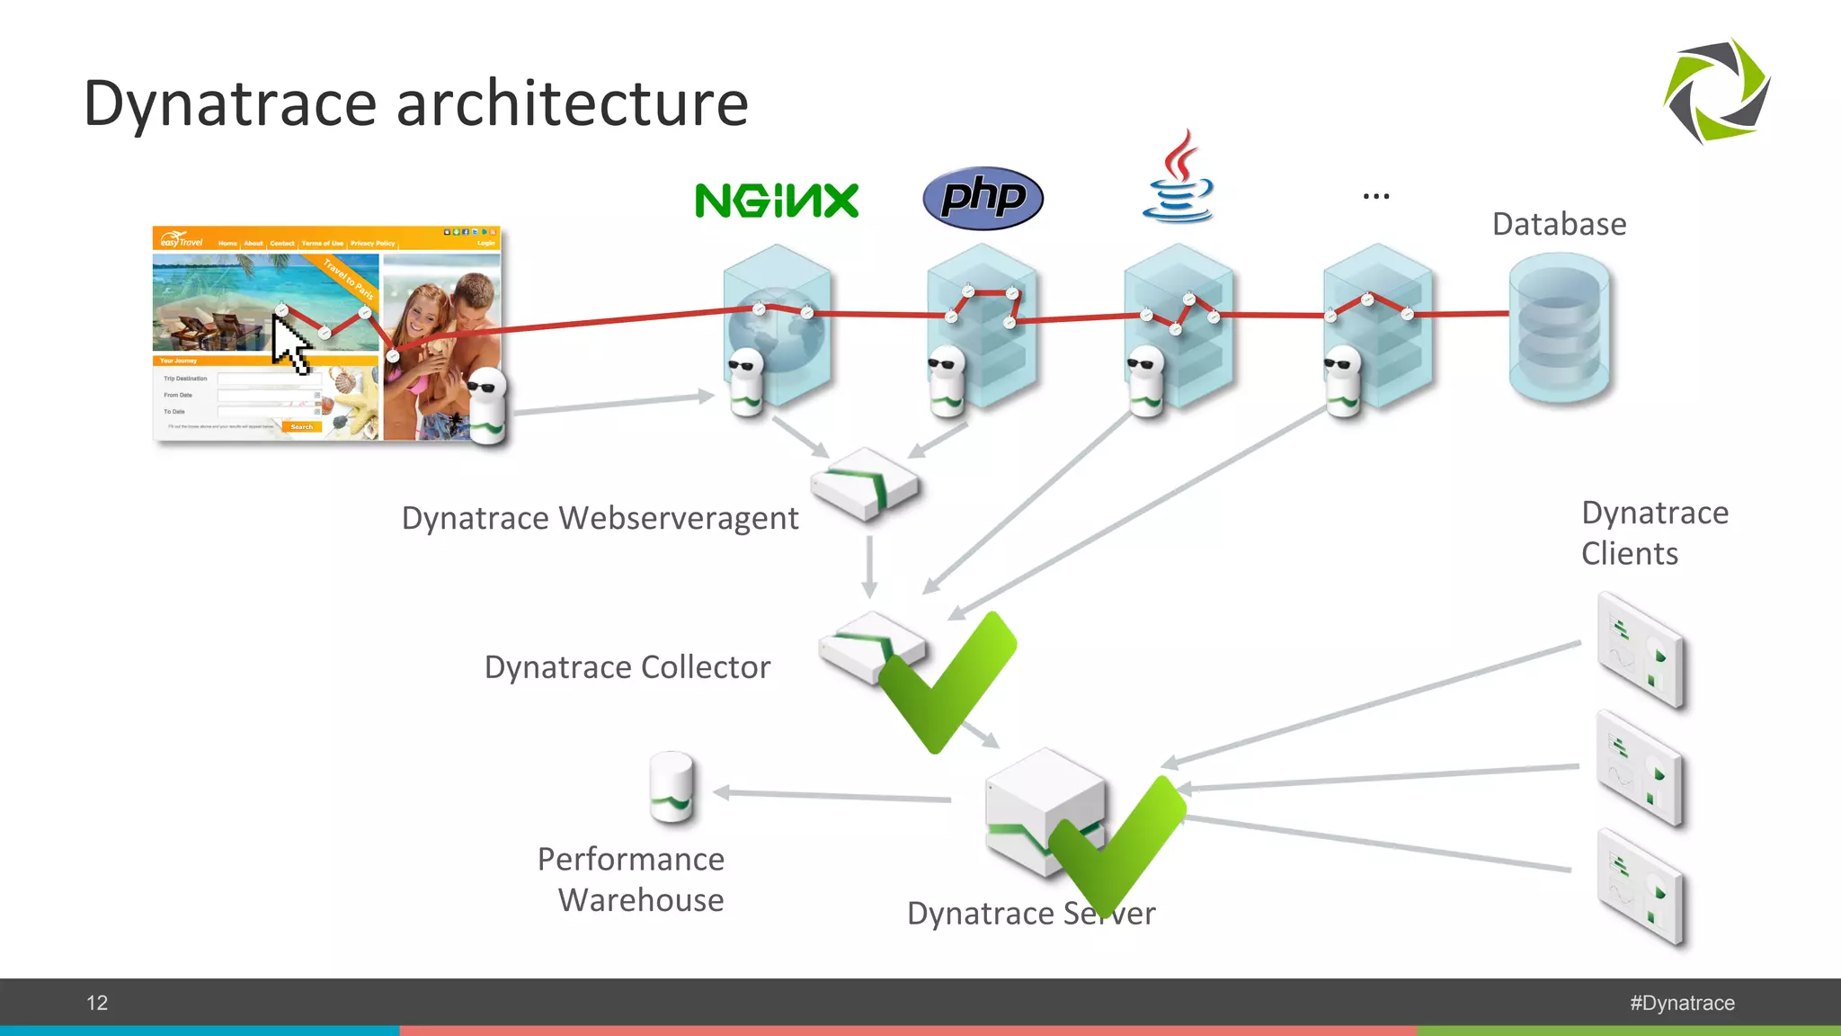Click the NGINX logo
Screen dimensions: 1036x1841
click(777, 200)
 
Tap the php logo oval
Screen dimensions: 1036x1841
click(983, 197)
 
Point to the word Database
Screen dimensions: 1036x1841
click(1559, 224)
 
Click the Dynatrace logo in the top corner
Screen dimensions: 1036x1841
click(1716, 91)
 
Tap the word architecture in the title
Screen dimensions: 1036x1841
click(572, 103)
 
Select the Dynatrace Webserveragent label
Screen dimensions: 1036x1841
click(600, 518)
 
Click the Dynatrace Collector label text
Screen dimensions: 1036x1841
click(627, 667)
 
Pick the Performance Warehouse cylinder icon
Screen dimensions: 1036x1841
click(671, 787)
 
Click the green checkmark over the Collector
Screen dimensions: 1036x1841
click(946, 682)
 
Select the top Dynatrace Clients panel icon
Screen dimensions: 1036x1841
click(1641, 649)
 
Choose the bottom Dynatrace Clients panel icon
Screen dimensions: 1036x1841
click(1641, 888)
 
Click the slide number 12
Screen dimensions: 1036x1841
click(97, 1003)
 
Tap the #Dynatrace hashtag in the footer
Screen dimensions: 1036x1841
click(1682, 1003)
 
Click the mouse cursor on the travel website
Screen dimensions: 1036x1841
click(290, 345)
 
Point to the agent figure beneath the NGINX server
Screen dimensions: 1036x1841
click(746, 382)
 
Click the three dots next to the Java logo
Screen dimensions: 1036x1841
click(1375, 195)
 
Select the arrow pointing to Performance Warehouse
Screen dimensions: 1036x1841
click(832, 795)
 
